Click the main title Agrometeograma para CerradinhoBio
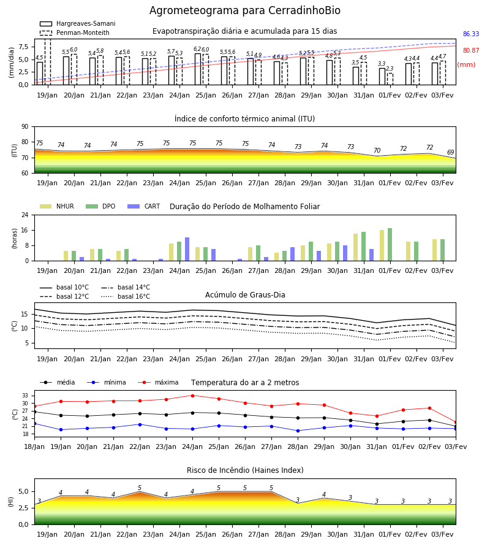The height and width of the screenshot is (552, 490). click(x=244, y=10)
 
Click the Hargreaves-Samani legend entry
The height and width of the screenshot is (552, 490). click(x=78, y=23)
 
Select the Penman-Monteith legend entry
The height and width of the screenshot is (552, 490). click(x=75, y=33)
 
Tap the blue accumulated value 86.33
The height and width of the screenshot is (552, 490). click(x=471, y=34)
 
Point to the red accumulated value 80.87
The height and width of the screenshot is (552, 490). click(x=471, y=50)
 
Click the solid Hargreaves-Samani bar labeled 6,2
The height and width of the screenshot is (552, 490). click(x=198, y=69)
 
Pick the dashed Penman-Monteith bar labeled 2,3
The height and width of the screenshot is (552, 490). click(x=390, y=79)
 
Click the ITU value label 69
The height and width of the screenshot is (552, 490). click(x=451, y=152)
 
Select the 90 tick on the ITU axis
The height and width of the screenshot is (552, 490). click(x=25, y=127)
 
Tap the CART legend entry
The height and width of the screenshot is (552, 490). click(x=144, y=206)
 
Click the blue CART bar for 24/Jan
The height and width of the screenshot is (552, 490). click(x=187, y=249)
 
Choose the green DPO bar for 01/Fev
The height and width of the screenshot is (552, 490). click(x=390, y=245)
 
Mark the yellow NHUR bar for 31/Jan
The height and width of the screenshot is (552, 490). click(x=356, y=248)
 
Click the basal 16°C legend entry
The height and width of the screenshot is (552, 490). click(x=126, y=296)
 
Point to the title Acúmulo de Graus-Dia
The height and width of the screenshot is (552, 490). click(x=245, y=294)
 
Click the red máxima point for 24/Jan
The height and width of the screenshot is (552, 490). click(x=192, y=396)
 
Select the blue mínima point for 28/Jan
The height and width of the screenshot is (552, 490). click(x=298, y=431)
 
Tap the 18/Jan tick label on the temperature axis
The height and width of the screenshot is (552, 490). click(x=34, y=447)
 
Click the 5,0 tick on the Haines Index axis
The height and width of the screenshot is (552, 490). click(x=24, y=491)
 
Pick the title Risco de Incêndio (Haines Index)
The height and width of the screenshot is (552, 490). click(x=245, y=470)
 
